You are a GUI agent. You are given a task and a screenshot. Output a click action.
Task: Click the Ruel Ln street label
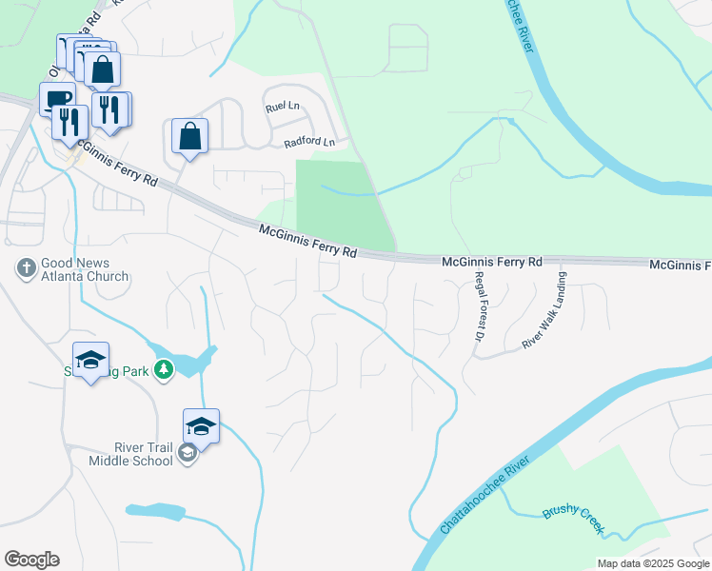point(285,108)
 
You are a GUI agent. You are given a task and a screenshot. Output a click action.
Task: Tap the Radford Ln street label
point(310,143)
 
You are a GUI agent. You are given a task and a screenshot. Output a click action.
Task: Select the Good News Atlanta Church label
point(84,270)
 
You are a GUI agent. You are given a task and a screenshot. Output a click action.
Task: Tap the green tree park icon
point(164,369)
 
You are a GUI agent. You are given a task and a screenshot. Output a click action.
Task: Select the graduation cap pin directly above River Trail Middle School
point(201,425)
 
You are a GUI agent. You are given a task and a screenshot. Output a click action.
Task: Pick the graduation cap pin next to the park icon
point(90,360)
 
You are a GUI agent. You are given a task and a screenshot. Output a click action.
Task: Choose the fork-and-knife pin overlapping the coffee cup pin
point(69,121)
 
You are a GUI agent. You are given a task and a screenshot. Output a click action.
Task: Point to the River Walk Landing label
point(544,311)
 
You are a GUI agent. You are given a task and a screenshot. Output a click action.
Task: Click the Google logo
point(31,560)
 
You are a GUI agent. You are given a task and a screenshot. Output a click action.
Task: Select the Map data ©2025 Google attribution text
point(653,563)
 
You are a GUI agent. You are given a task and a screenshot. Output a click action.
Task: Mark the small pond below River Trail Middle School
point(155,512)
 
